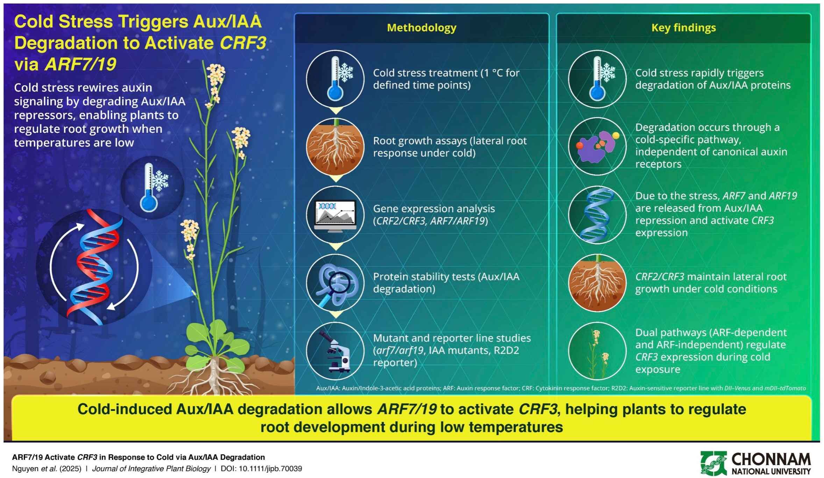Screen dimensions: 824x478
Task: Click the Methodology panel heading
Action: tap(421, 28)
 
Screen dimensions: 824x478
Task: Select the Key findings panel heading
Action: tap(683, 28)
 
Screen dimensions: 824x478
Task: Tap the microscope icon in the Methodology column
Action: tap(335, 351)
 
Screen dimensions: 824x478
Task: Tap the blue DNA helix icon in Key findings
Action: tap(597, 215)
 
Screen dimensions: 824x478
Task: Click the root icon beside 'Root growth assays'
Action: tap(335, 147)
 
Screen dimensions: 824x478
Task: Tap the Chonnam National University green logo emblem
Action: tap(713, 463)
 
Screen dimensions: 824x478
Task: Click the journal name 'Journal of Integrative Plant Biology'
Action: tap(151, 469)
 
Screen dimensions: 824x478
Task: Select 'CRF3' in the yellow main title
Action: tap(243, 43)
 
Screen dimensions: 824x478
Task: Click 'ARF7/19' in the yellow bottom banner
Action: tap(407, 409)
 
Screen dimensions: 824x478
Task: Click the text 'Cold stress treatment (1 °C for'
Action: tap(446, 73)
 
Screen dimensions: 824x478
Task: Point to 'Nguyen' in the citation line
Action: tap(25, 469)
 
